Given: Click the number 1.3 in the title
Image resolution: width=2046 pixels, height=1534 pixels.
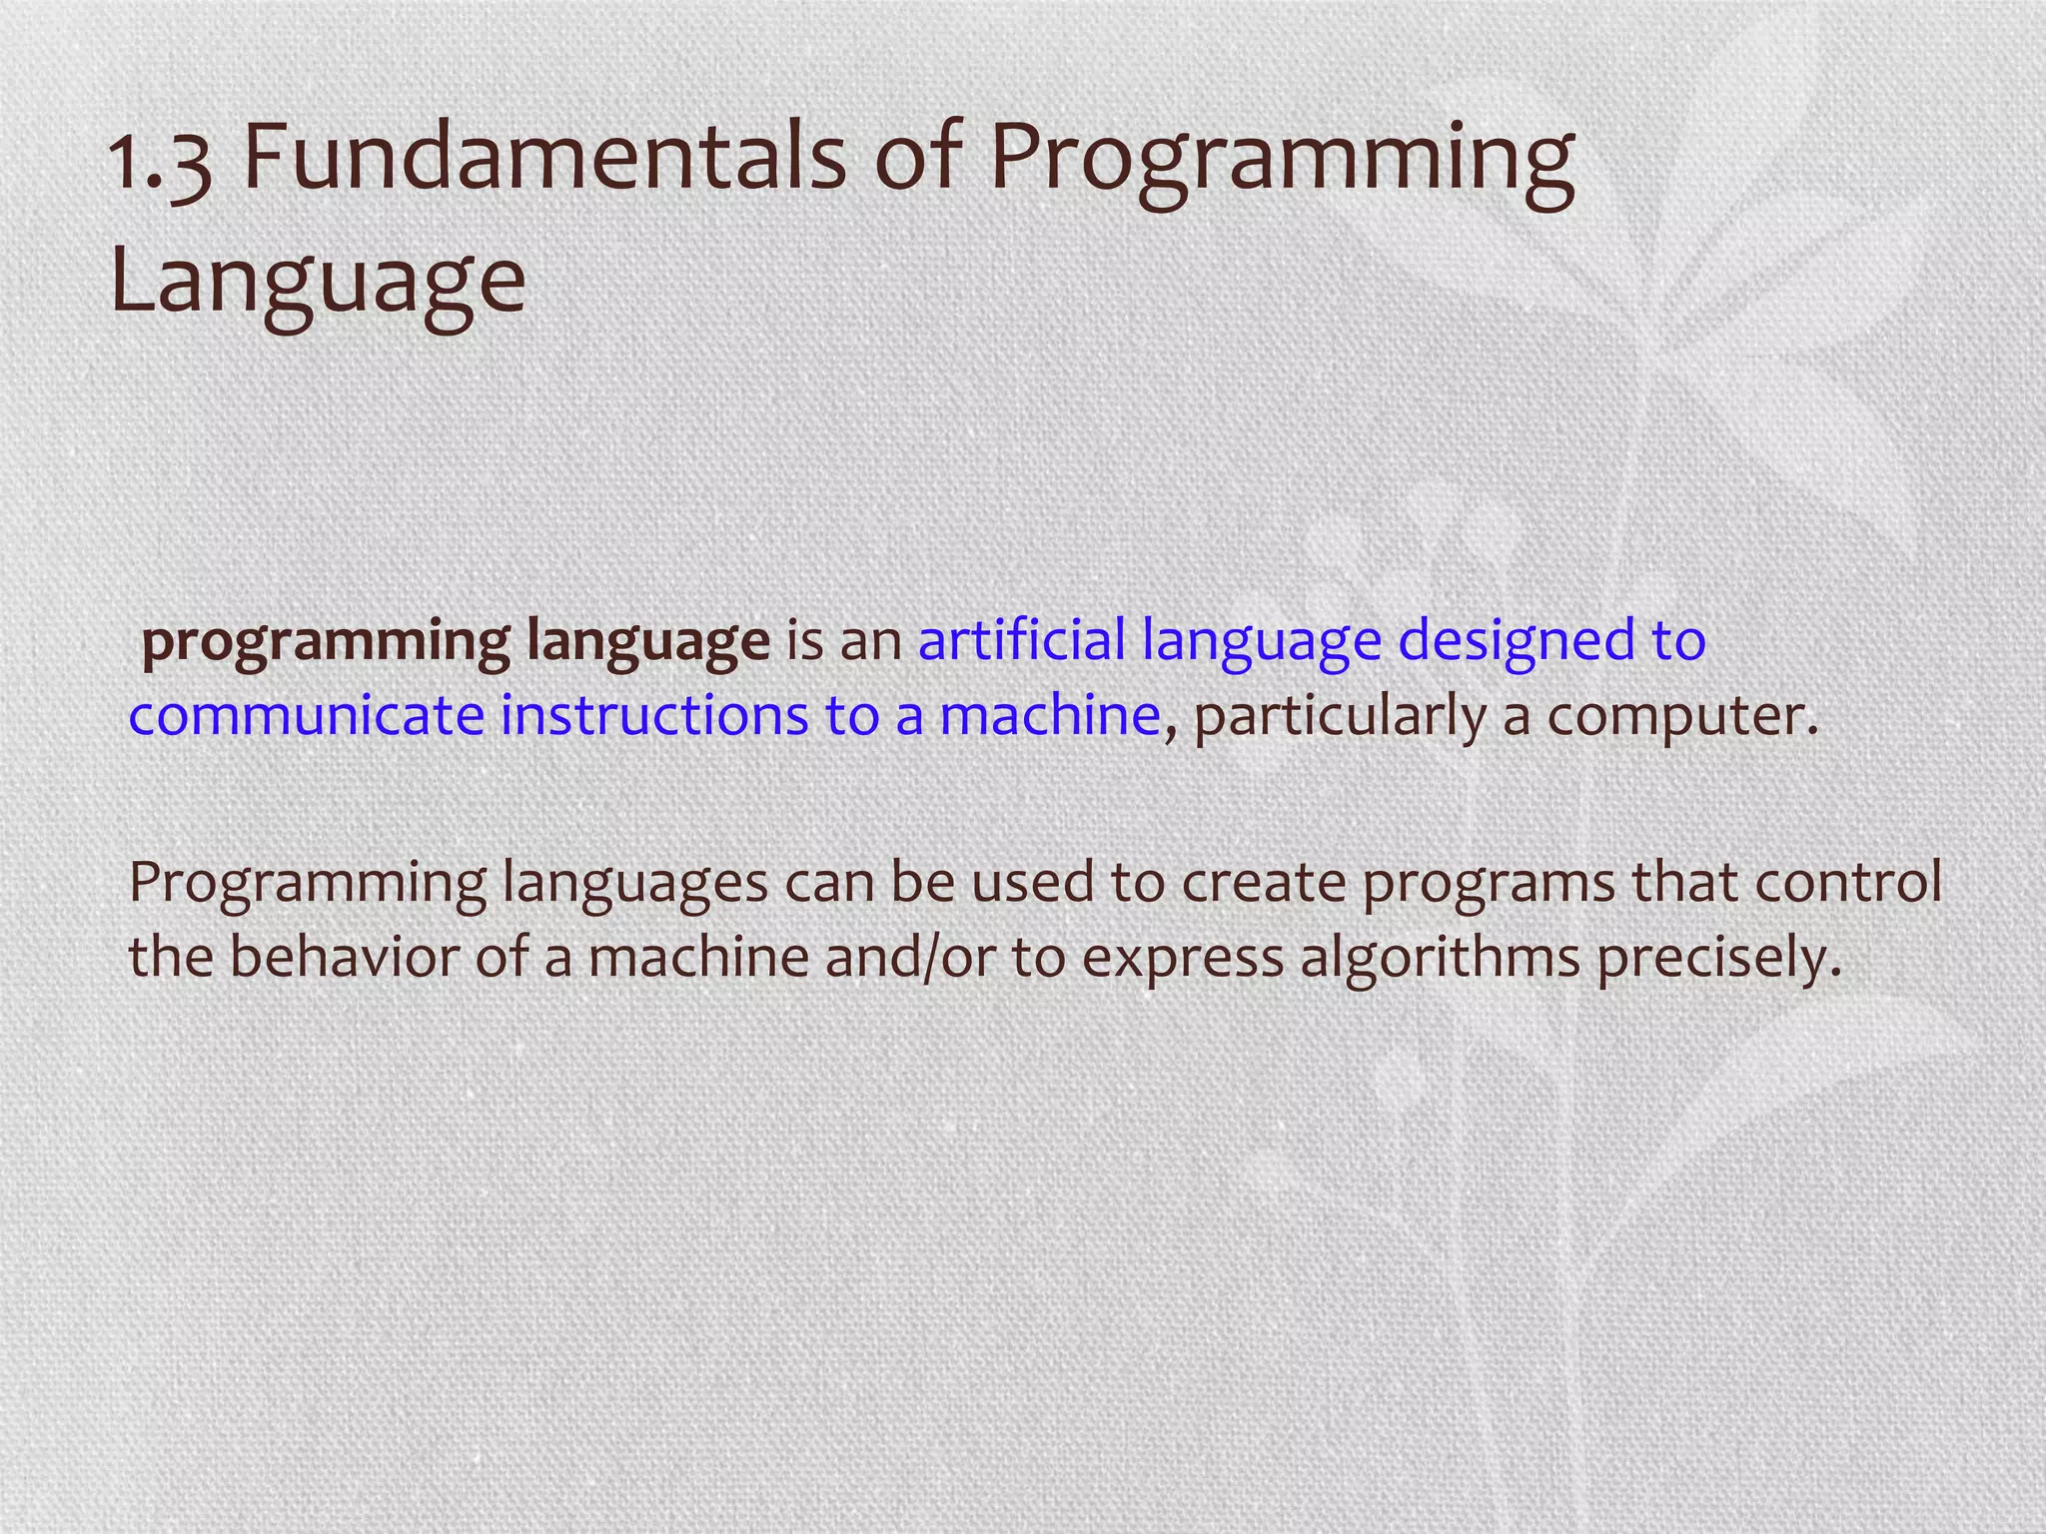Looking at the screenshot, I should point(160,164).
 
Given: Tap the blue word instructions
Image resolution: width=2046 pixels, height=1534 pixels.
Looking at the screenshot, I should point(653,716).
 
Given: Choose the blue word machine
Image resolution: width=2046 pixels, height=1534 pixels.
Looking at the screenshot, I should point(1049,716).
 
